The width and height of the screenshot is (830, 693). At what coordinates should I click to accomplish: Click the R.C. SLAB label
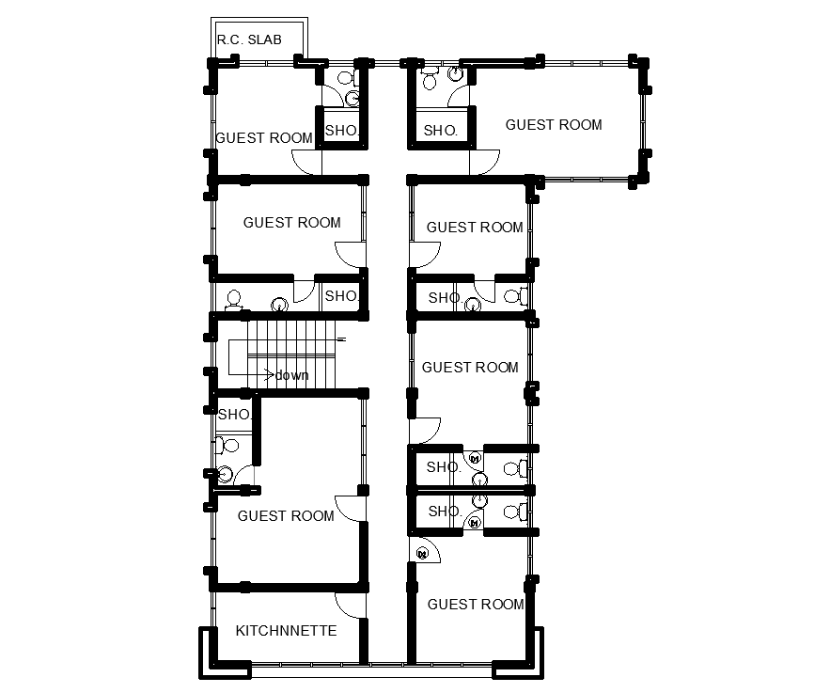click(x=249, y=39)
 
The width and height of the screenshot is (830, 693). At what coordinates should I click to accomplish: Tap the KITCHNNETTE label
click(x=286, y=631)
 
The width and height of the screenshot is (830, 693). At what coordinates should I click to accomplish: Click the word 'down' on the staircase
click(x=291, y=375)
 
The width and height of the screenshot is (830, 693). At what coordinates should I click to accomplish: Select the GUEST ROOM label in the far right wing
click(x=554, y=125)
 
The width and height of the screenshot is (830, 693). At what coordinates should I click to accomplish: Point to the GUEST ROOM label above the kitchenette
click(x=286, y=515)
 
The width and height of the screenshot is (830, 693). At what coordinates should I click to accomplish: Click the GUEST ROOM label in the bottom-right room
click(x=476, y=604)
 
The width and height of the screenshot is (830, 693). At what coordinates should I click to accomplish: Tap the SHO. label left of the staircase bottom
click(x=234, y=415)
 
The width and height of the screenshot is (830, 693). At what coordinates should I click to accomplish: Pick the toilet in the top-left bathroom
click(x=345, y=78)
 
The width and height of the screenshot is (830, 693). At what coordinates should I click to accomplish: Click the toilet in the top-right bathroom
click(x=429, y=79)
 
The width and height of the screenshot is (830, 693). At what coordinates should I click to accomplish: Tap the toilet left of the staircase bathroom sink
click(x=233, y=300)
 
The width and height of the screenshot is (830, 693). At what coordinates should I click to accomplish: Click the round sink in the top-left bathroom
click(x=352, y=98)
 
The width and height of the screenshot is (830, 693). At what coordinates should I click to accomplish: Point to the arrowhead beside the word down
click(x=270, y=375)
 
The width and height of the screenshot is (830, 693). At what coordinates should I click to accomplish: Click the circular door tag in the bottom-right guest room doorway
click(x=422, y=554)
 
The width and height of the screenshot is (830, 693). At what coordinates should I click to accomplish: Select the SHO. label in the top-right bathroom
click(x=441, y=131)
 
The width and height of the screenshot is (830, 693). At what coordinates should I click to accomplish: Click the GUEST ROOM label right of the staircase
click(x=470, y=368)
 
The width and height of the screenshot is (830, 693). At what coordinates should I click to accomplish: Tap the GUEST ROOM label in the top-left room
click(x=264, y=138)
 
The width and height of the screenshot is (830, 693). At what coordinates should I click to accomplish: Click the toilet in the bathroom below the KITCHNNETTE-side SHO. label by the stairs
click(x=227, y=446)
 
